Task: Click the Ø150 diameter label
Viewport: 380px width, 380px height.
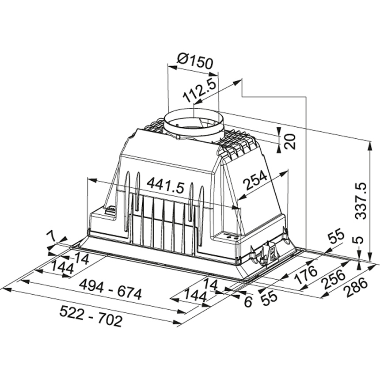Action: (x=195, y=61)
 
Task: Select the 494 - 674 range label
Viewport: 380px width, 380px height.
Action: (x=110, y=290)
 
